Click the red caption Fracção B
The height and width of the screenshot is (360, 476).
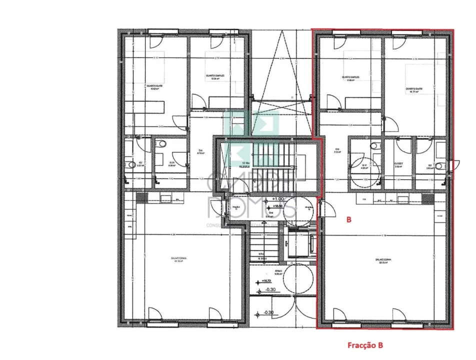(x=365, y=345)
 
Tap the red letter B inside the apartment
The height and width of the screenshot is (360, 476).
(x=349, y=219)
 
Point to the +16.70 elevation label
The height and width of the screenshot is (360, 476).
(x=266, y=281)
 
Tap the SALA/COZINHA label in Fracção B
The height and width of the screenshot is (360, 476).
(x=382, y=260)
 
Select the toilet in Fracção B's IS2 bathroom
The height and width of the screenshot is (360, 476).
(x=439, y=166)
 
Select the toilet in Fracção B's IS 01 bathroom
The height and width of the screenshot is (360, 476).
(x=374, y=146)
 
